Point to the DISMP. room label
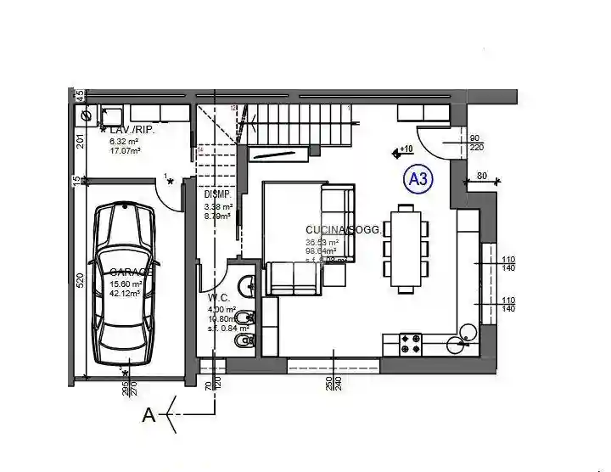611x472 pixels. click(x=216, y=194)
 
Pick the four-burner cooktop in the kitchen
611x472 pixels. click(x=412, y=344)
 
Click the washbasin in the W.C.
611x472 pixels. click(x=246, y=285)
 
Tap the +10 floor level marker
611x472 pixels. click(x=402, y=151)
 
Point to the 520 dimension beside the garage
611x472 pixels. click(x=77, y=282)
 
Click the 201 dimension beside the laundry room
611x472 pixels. click(x=77, y=141)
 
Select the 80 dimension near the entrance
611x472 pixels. click(x=481, y=177)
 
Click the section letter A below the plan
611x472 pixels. click(x=149, y=415)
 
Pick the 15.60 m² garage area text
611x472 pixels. click(x=125, y=284)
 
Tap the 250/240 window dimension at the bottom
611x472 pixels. click(x=334, y=382)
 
